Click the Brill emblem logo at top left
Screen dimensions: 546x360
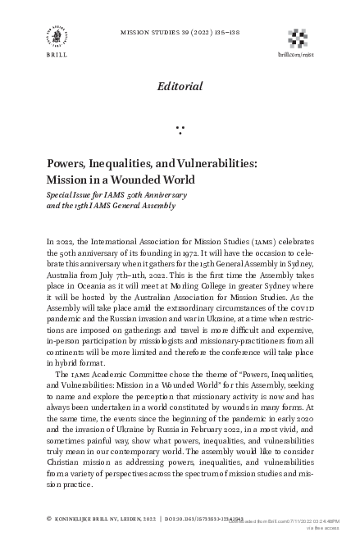coord(57,36)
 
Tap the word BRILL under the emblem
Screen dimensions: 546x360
coord(57,58)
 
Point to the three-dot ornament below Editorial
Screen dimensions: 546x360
coord(180,130)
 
